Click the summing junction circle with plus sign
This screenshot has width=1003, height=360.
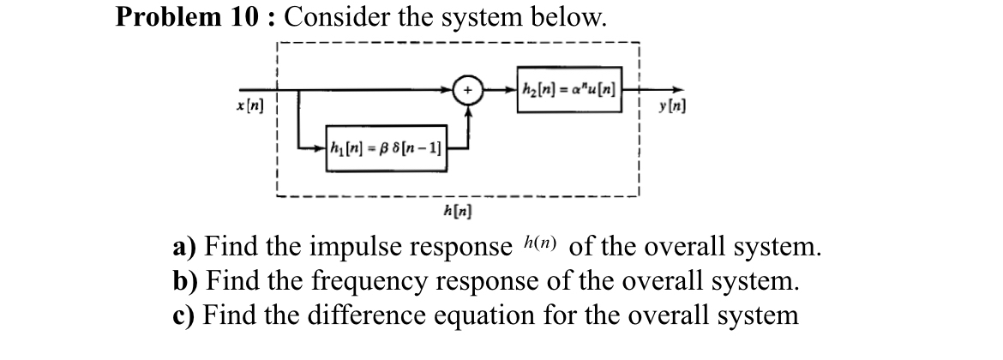(469, 89)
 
